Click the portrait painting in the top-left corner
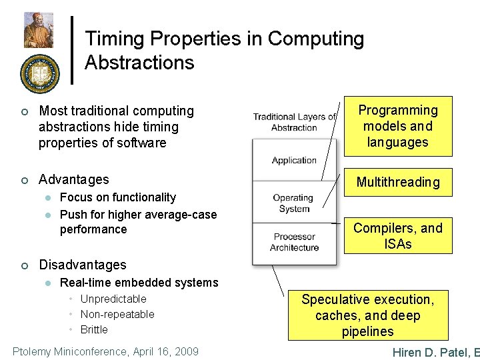(39, 29)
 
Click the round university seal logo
(39, 73)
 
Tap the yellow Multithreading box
(397, 182)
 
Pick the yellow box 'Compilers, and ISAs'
(397, 236)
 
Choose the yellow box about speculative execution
(367, 315)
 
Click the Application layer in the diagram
(294, 160)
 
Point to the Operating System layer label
(293, 203)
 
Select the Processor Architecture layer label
(294, 242)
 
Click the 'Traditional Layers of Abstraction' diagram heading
(294, 122)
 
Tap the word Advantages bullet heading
(74, 179)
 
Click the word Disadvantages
(83, 265)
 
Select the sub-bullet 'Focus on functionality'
(118, 197)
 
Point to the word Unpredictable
(113, 299)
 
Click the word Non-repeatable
(117, 314)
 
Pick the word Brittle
(94, 329)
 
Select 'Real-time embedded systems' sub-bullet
(139, 283)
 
